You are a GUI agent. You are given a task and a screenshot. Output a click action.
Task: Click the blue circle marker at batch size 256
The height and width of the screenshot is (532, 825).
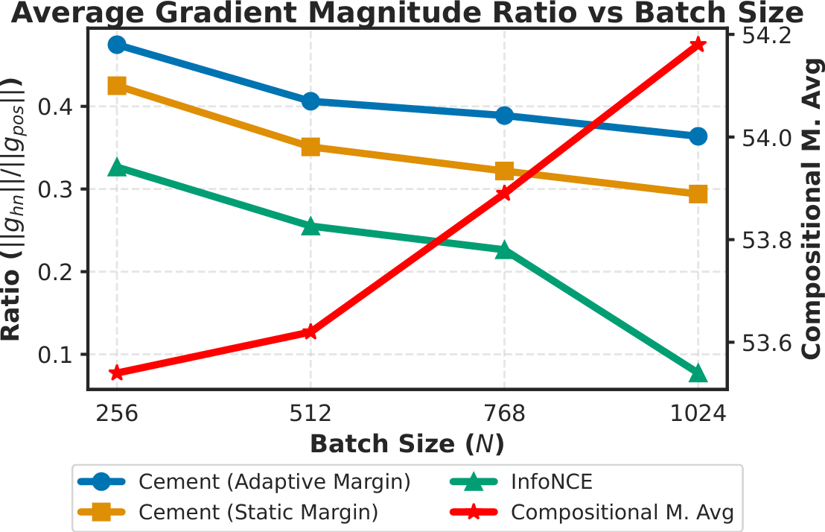tap(117, 45)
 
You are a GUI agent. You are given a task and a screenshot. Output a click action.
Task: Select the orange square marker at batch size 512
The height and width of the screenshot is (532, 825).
tap(310, 147)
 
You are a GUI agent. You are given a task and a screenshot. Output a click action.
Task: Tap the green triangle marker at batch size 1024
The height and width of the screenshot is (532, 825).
tap(698, 373)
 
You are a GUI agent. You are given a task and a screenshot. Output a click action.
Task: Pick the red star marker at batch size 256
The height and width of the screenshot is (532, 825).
tap(117, 373)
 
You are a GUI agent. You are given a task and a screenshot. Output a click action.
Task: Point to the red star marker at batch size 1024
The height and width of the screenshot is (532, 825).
tap(698, 45)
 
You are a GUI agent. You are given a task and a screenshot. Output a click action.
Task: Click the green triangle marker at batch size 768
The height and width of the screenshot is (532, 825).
tap(504, 250)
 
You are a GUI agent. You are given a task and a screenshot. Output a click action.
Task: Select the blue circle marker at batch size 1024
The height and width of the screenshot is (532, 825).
tap(698, 136)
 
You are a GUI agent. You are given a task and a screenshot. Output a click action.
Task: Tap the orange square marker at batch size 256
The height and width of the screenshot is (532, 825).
tap(117, 86)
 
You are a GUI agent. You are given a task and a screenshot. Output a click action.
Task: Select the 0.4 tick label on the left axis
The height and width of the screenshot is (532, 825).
tap(60, 107)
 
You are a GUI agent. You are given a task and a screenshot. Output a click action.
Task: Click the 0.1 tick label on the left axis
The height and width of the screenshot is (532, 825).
tap(60, 355)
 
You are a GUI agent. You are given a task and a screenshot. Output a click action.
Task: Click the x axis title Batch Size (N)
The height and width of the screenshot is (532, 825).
tap(407, 444)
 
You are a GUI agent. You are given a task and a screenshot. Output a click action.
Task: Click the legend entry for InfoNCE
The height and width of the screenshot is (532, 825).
tap(551, 482)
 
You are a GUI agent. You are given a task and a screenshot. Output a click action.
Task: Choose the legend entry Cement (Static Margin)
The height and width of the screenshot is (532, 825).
tap(258, 513)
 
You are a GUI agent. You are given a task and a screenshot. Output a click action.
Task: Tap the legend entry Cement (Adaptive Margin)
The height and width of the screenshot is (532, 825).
tap(274, 482)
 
